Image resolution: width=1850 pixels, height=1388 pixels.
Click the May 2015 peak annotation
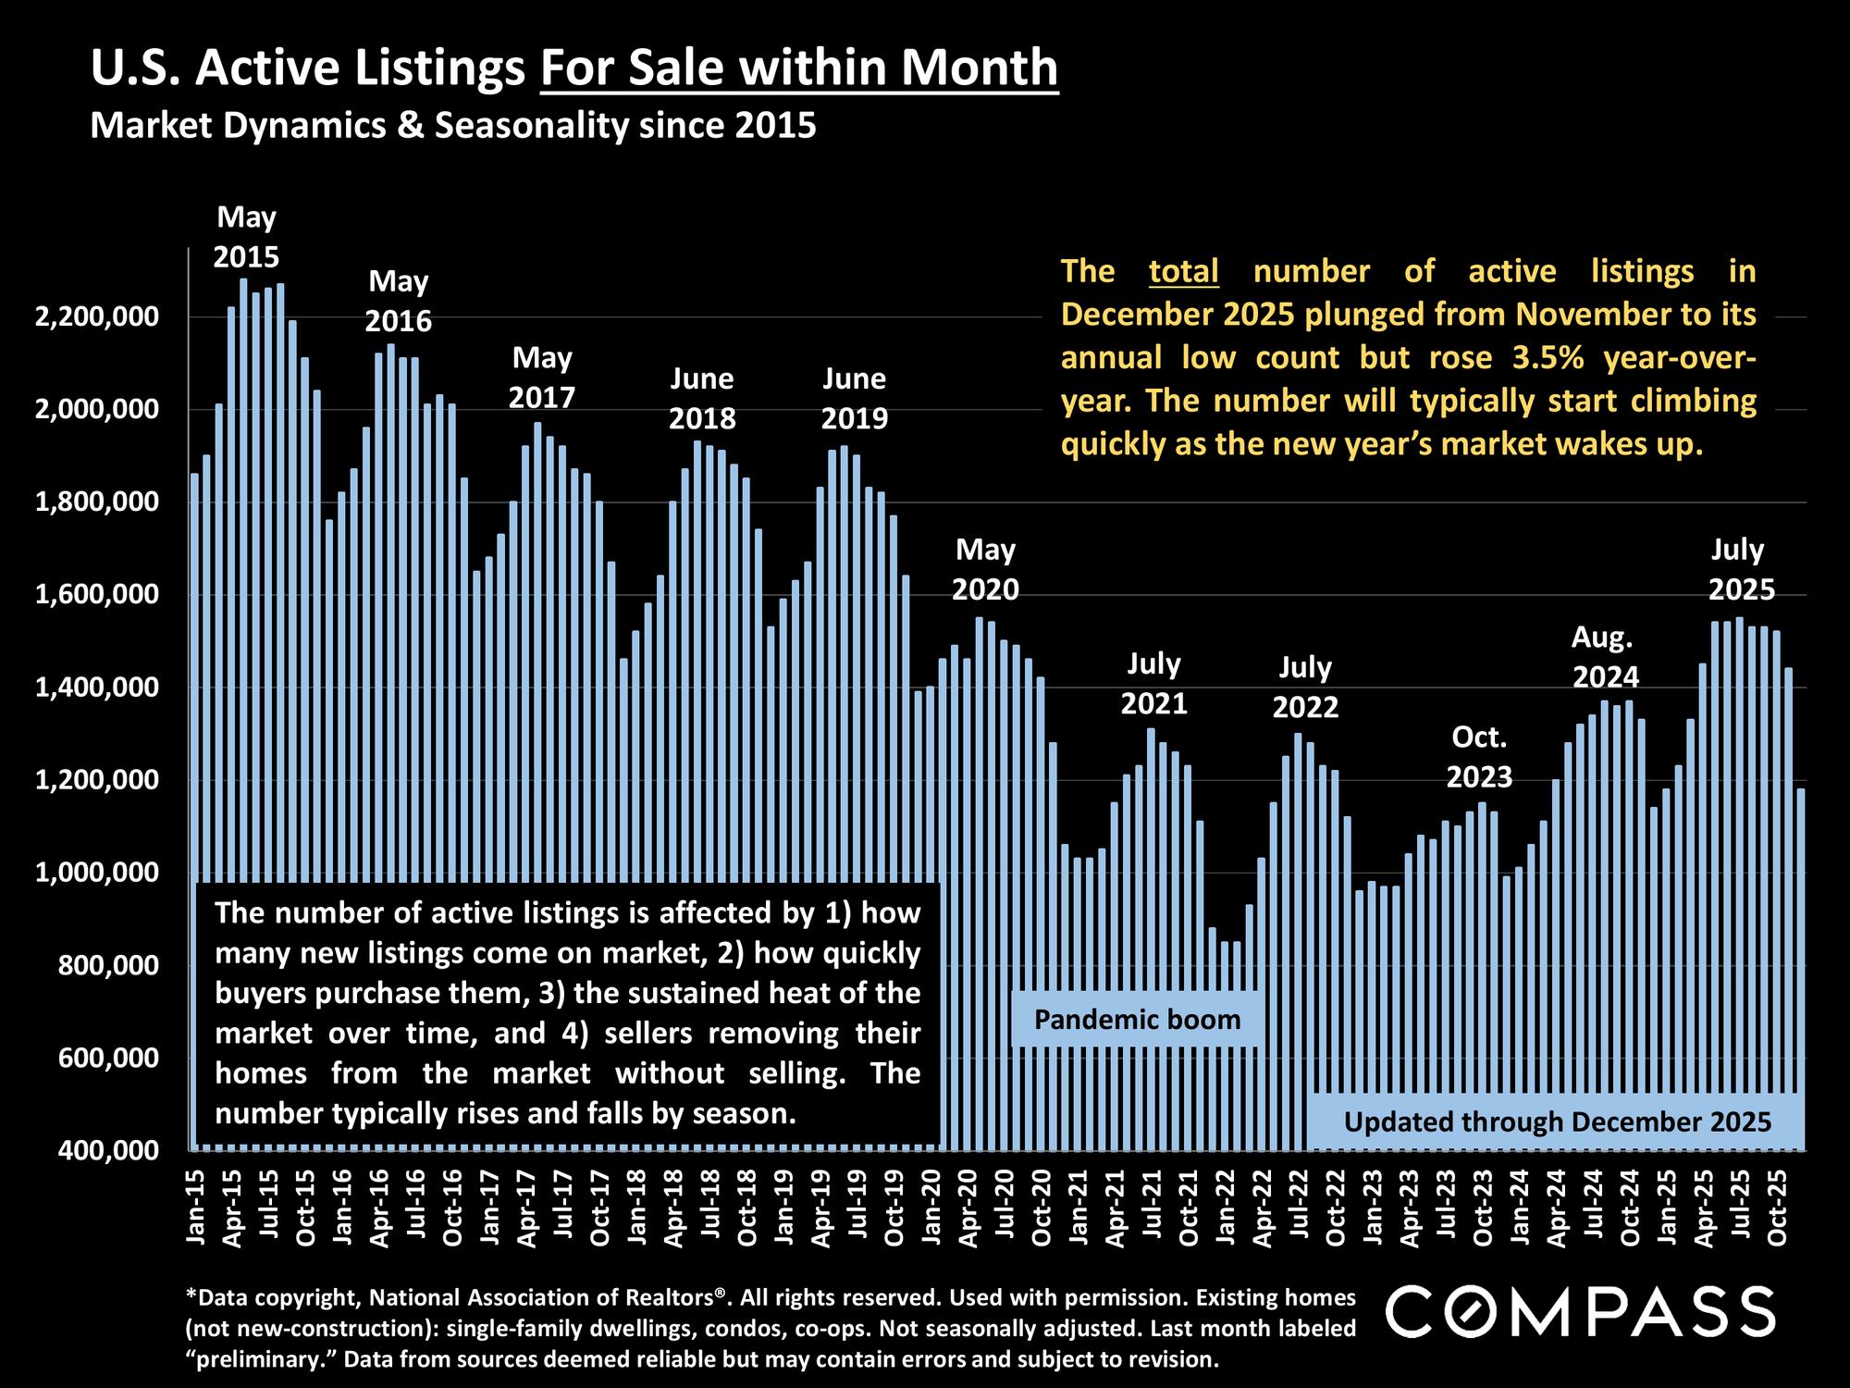tap(246, 237)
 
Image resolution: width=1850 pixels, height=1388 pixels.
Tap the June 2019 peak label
tap(854, 398)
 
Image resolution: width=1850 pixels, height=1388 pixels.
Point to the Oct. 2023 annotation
tap(1479, 757)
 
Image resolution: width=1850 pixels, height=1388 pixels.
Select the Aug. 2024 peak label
tap(1605, 657)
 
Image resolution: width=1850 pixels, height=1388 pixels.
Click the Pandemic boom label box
tap(1137, 1020)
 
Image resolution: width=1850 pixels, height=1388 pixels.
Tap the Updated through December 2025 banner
tap(1557, 1122)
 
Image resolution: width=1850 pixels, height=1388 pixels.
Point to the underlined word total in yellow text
tap(1183, 271)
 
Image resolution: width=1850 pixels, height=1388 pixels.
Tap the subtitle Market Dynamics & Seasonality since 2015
tap(453, 125)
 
